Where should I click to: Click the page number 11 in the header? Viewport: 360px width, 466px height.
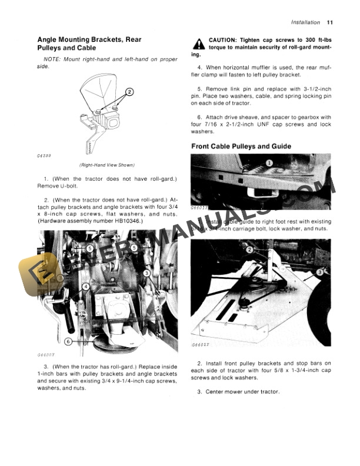coord(329,22)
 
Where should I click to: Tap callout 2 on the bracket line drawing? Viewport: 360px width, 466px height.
coord(129,92)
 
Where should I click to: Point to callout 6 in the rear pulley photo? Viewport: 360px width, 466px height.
coord(68,341)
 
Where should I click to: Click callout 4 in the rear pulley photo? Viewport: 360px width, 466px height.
coord(86,287)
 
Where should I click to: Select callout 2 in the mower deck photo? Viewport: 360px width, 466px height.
coord(249,250)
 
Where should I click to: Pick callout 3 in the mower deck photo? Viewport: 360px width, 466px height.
coord(320,272)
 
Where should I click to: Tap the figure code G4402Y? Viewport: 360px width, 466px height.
coord(201,345)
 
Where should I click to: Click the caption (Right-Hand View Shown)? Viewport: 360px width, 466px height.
coord(106,165)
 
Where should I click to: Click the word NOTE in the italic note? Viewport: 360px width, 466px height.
coord(52,61)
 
